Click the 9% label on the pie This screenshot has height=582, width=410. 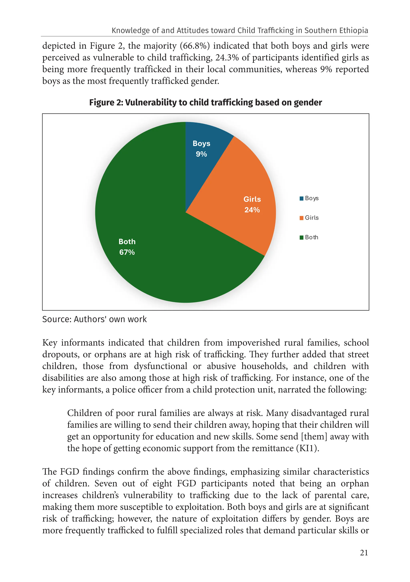tap(201, 154)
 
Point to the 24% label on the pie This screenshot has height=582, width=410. tap(252, 210)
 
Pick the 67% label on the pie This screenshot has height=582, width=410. tap(127, 252)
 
